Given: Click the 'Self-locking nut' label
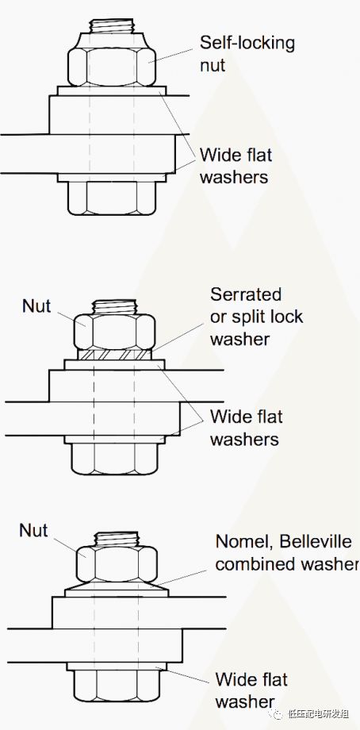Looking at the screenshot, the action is [x=247, y=53].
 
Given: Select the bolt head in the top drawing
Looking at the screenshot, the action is [x=112, y=198].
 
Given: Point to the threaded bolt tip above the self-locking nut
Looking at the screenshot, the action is [x=112, y=25].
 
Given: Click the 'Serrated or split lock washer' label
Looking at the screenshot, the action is [x=256, y=317].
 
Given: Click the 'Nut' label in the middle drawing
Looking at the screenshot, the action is [x=36, y=305].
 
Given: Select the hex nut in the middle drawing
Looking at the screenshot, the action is [x=114, y=332].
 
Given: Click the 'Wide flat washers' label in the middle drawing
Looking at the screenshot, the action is [x=246, y=428].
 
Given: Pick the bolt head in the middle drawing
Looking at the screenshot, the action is [x=114, y=458].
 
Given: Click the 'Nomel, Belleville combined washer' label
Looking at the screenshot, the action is [x=287, y=552].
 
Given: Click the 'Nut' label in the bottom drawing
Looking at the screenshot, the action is [x=33, y=530].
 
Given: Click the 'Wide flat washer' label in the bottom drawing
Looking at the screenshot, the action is [x=251, y=690].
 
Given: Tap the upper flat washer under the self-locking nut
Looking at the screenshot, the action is [x=112, y=90].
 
